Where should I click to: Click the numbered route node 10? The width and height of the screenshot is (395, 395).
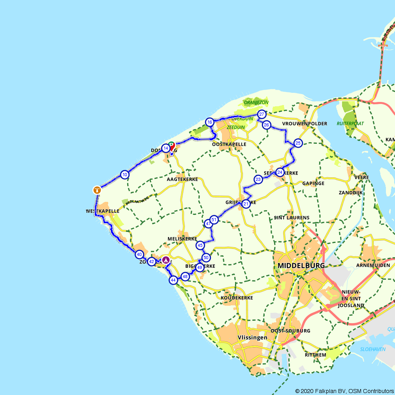click(125, 175)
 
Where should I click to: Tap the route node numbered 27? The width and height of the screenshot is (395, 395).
click(261, 115)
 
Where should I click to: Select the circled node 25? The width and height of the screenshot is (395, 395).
click(298, 143)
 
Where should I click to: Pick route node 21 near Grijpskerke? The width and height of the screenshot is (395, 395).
click(246, 204)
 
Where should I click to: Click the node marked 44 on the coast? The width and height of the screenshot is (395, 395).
click(173, 280)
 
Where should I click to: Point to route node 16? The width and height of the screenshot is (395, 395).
click(210, 122)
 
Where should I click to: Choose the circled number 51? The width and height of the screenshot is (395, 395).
click(214, 220)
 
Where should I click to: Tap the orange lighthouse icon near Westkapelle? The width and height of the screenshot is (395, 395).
click(97, 190)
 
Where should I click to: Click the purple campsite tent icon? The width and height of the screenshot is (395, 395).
click(166, 260)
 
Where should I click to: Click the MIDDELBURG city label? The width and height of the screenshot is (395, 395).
click(301, 266)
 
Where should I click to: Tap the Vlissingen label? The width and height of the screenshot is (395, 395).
click(252, 338)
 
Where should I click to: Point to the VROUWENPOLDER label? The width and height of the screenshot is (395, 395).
click(305, 124)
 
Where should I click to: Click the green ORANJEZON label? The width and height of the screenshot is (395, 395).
click(256, 103)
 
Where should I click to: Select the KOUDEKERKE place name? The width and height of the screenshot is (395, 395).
click(237, 298)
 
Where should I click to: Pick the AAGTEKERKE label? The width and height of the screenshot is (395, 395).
click(182, 179)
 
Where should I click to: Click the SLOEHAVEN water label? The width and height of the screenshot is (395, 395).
click(373, 349)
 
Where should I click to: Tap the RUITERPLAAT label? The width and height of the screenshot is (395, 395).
click(350, 124)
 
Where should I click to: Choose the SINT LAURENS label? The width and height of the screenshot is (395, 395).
click(292, 218)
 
